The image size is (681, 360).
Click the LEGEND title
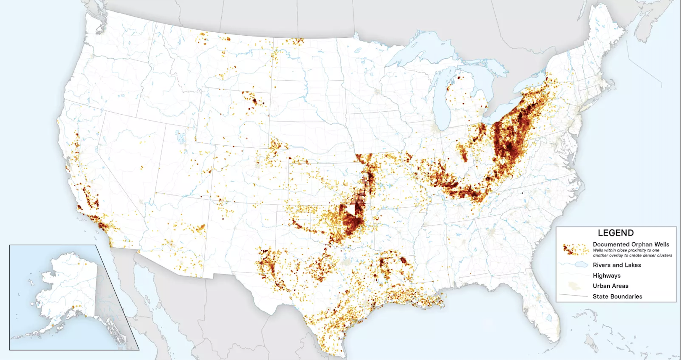point(615,233)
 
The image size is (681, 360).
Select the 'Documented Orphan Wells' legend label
point(631,244)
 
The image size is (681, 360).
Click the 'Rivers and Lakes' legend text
point(616,265)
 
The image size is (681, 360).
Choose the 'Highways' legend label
point(606,276)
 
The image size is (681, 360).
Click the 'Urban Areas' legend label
point(610,286)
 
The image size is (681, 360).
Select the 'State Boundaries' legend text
point(617,296)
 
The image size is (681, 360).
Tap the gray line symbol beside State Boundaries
point(573,296)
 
